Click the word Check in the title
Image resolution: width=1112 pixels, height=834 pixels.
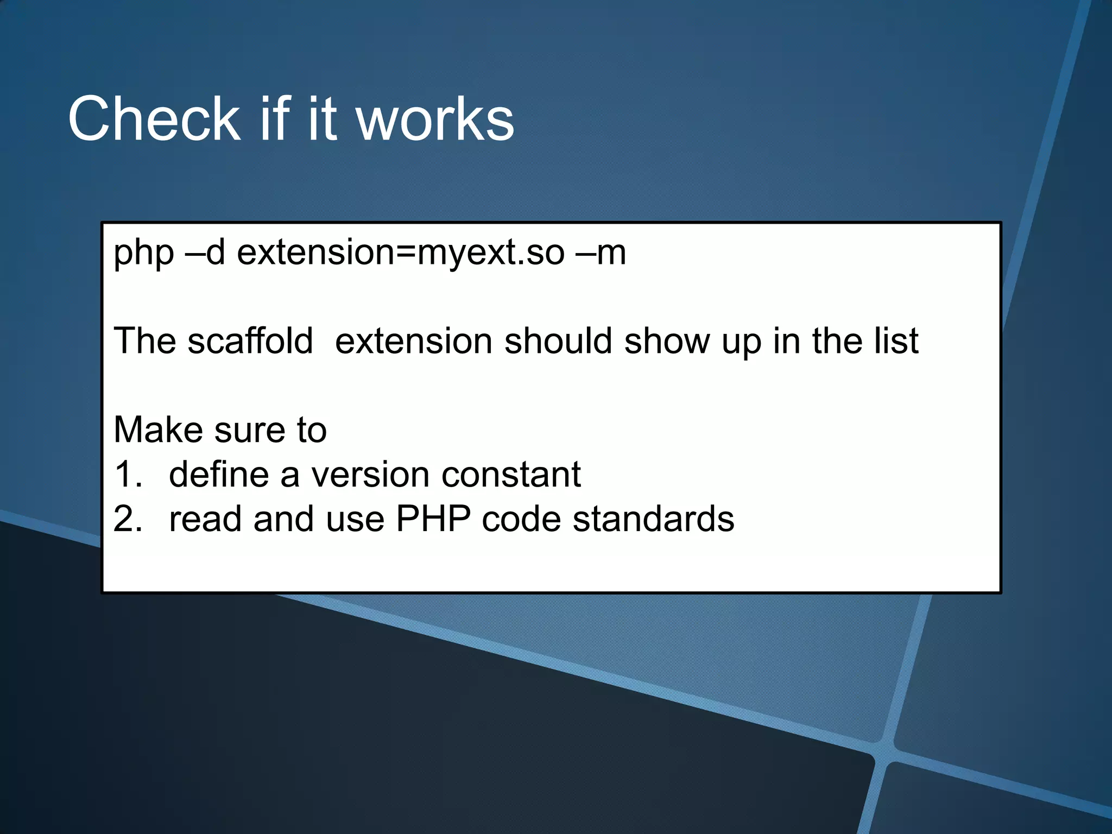pyautogui.click(x=154, y=119)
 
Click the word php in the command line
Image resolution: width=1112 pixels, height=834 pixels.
pyautogui.click(x=144, y=254)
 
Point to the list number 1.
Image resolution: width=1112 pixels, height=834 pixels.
pyautogui.click(x=128, y=475)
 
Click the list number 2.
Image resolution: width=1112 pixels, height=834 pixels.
pyautogui.click(x=128, y=519)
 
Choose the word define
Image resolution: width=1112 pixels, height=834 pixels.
pyautogui.click(x=219, y=475)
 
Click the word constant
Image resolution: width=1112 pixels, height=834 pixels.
pyautogui.click(x=511, y=475)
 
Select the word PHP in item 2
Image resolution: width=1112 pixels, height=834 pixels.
pyautogui.click(x=433, y=519)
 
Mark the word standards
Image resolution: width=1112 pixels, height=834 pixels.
pyautogui.click(x=653, y=519)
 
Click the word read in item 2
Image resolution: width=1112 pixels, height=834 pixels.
pyautogui.click(x=205, y=519)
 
